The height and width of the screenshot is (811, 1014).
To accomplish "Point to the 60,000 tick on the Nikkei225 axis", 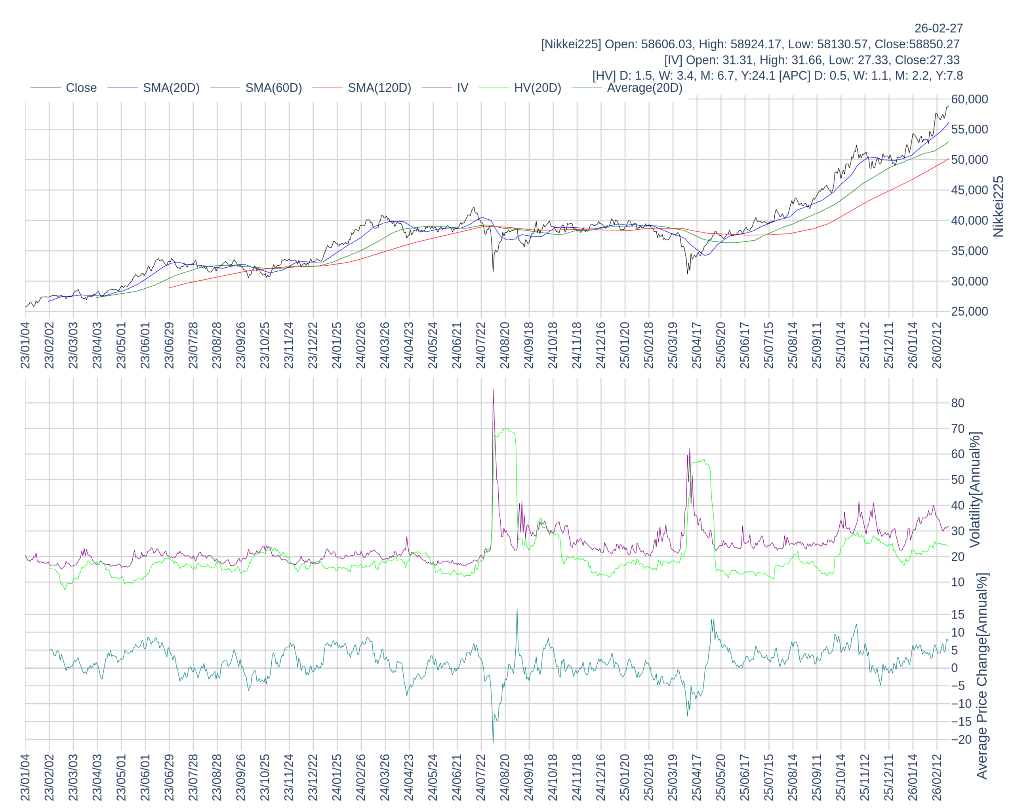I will pos(969,99).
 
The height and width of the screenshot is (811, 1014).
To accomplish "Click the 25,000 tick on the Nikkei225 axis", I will pos(969,312).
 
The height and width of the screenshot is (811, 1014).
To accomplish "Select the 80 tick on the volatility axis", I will pos(958,403).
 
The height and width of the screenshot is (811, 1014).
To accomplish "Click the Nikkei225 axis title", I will pos(998,206).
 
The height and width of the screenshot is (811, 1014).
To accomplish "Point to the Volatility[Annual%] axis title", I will pos(975,489).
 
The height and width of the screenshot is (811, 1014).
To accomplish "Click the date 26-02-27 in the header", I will pos(938,28).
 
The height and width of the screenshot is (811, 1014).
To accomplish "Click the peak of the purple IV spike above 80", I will pos(493,390).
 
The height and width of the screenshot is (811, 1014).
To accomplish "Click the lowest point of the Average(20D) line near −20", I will pos(493,742).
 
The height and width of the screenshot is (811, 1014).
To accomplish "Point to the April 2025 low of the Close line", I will pos(687,274).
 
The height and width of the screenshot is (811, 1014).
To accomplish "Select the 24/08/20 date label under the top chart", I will pos(505,346).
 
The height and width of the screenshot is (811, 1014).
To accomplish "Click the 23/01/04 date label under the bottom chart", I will pos(25,778).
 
